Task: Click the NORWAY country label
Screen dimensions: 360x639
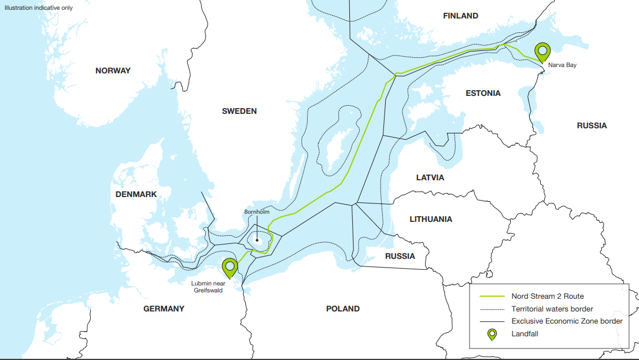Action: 113,70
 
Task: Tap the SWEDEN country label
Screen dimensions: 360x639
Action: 239,111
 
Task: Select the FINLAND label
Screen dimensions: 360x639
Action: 460,16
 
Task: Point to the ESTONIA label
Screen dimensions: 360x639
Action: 483,93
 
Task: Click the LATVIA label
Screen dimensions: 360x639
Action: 430,177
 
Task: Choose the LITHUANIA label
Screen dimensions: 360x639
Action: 431,219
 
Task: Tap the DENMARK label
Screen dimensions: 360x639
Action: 136,194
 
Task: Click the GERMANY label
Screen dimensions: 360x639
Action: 164,309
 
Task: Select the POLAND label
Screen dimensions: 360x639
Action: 343,309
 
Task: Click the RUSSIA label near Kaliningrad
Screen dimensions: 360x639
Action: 400,255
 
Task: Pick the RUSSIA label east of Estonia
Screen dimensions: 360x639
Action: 592,125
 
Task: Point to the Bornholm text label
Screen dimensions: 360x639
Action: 257,212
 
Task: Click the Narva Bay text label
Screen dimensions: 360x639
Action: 562,65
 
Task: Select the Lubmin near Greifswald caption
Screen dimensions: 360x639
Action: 208,287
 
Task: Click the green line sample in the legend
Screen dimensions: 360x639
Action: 492,296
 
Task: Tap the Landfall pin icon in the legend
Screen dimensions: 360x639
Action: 492,334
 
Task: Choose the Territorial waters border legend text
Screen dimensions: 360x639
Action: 552,309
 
